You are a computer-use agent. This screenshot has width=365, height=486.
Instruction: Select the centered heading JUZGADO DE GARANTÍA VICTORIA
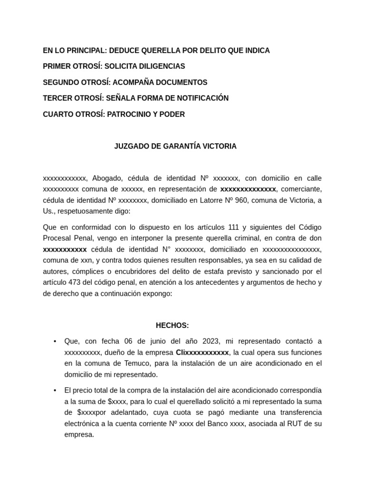pyautogui.click(x=175, y=146)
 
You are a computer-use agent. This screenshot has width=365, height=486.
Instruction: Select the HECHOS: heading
pyautogui.click(x=173, y=326)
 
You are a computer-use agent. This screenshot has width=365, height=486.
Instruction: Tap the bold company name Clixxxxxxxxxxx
pyautogui.click(x=202, y=353)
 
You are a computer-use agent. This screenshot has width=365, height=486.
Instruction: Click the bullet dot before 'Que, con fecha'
pyautogui.click(x=55, y=342)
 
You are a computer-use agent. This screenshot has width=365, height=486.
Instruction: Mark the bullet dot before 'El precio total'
pyautogui.click(x=55, y=391)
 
